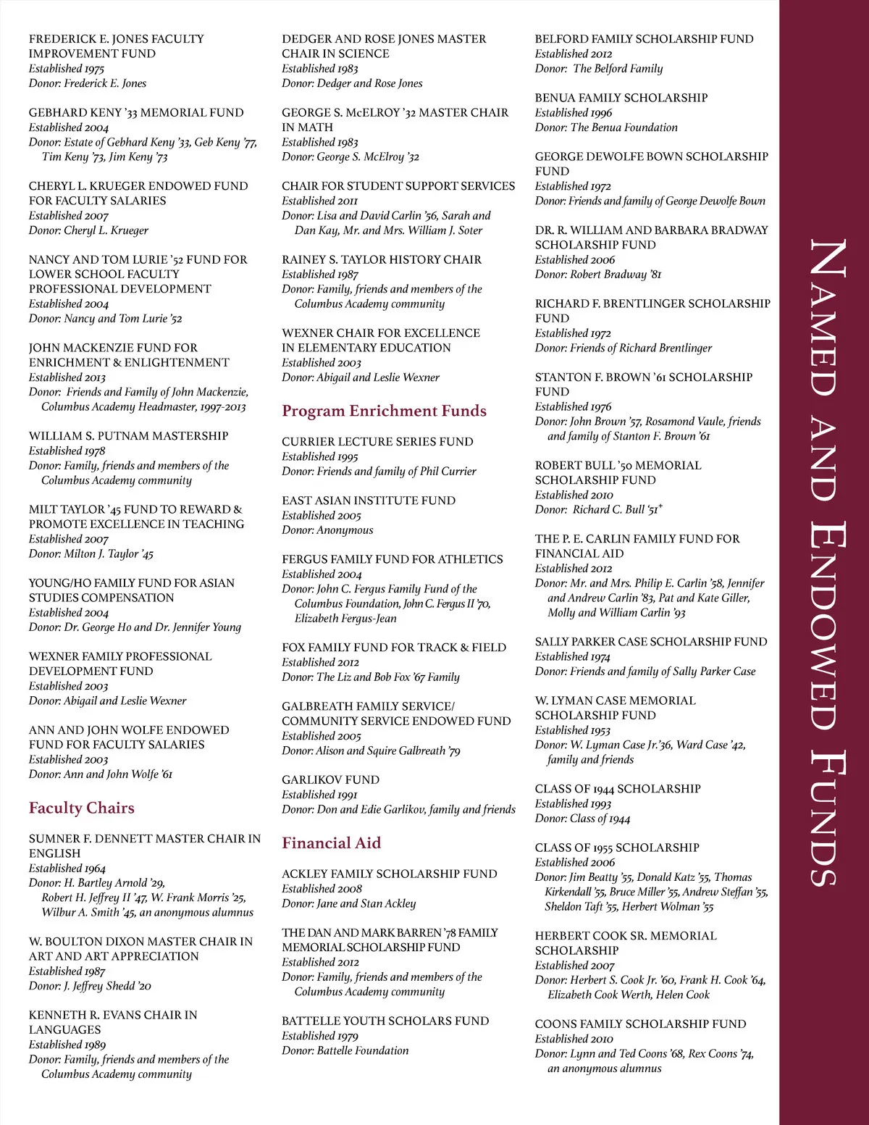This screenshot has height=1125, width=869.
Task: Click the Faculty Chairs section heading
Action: (x=82, y=808)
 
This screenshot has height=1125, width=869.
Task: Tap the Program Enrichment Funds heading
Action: (x=384, y=411)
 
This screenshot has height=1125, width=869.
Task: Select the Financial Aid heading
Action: (x=331, y=842)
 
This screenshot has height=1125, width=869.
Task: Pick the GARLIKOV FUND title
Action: (x=330, y=779)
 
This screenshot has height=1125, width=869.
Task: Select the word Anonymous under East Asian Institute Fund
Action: (x=345, y=530)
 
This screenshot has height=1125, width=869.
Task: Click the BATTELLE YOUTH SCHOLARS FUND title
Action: (x=385, y=1021)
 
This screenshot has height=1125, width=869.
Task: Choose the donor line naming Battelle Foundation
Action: (x=345, y=1050)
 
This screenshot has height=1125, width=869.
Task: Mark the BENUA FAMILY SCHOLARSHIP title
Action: (x=621, y=97)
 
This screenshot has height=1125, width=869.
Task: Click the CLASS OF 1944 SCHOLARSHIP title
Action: (x=618, y=788)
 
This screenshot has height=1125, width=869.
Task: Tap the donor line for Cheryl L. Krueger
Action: (x=88, y=230)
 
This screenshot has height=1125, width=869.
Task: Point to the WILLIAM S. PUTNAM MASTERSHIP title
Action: (x=128, y=435)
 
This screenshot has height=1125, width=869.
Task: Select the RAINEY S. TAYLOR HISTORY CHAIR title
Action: (x=382, y=259)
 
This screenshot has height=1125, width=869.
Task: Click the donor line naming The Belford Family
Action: (x=598, y=69)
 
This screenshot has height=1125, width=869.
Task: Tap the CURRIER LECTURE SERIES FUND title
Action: (x=377, y=441)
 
